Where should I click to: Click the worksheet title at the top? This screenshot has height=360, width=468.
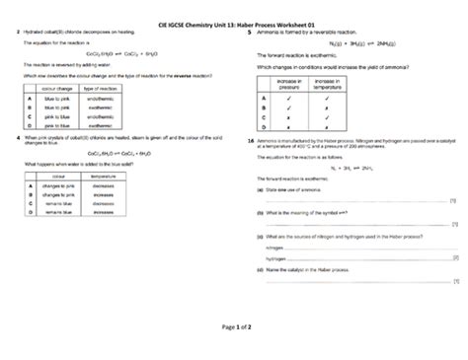234,23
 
